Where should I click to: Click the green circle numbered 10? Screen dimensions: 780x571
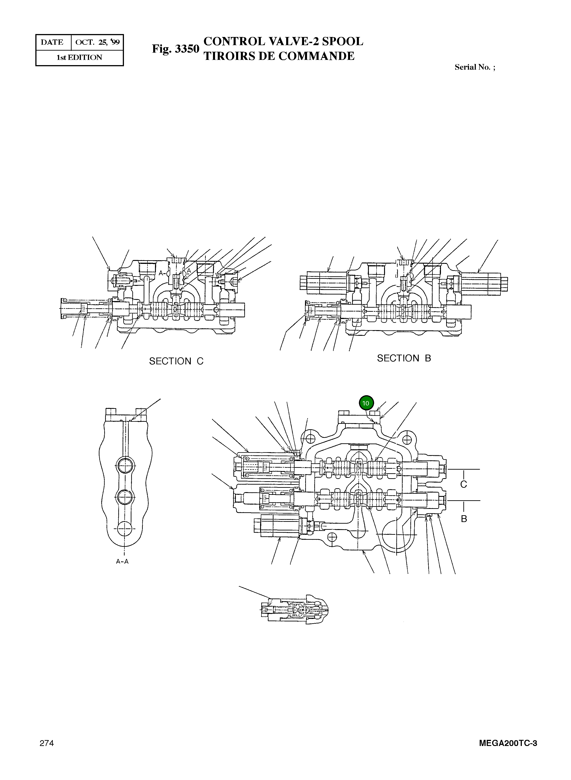coord(366,403)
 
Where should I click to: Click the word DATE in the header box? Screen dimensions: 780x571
coord(52,43)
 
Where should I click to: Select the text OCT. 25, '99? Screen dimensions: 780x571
coord(97,43)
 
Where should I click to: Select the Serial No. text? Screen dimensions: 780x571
coord(474,67)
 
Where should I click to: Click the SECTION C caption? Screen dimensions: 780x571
coord(176,361)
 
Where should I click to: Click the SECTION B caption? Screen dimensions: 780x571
coord(404,358)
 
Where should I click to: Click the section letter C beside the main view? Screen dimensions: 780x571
coord(464,484)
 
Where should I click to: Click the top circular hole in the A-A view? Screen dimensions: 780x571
coord(125,466)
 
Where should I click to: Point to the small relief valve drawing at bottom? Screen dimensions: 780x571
coord(294,613)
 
